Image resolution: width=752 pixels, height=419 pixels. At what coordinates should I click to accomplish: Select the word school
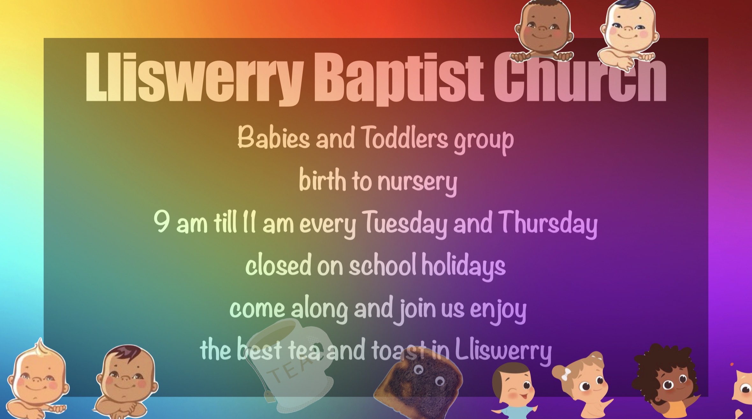click(382, 265)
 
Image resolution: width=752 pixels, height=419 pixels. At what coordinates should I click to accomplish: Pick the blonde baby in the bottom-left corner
click(37, 379)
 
